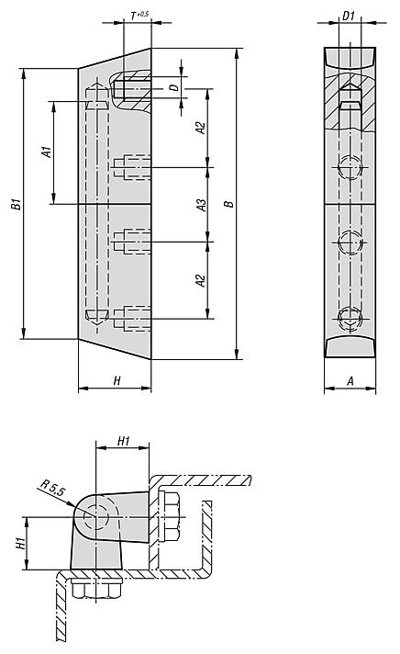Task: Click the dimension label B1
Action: pyautogui.click(x=17, y=204)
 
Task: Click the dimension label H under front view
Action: pyautogui.click(x=117, y=380)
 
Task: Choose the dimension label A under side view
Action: pyautogui.click(x=350, y=380)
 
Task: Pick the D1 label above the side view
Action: pyautogui.click(x=349, y=16)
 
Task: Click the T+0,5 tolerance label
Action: pyautogui.click(x=139, y=16)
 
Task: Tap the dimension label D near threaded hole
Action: pyautogui.click(x=175, y=87)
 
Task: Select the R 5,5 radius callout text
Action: pyautogui.click(x=53, y=488)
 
